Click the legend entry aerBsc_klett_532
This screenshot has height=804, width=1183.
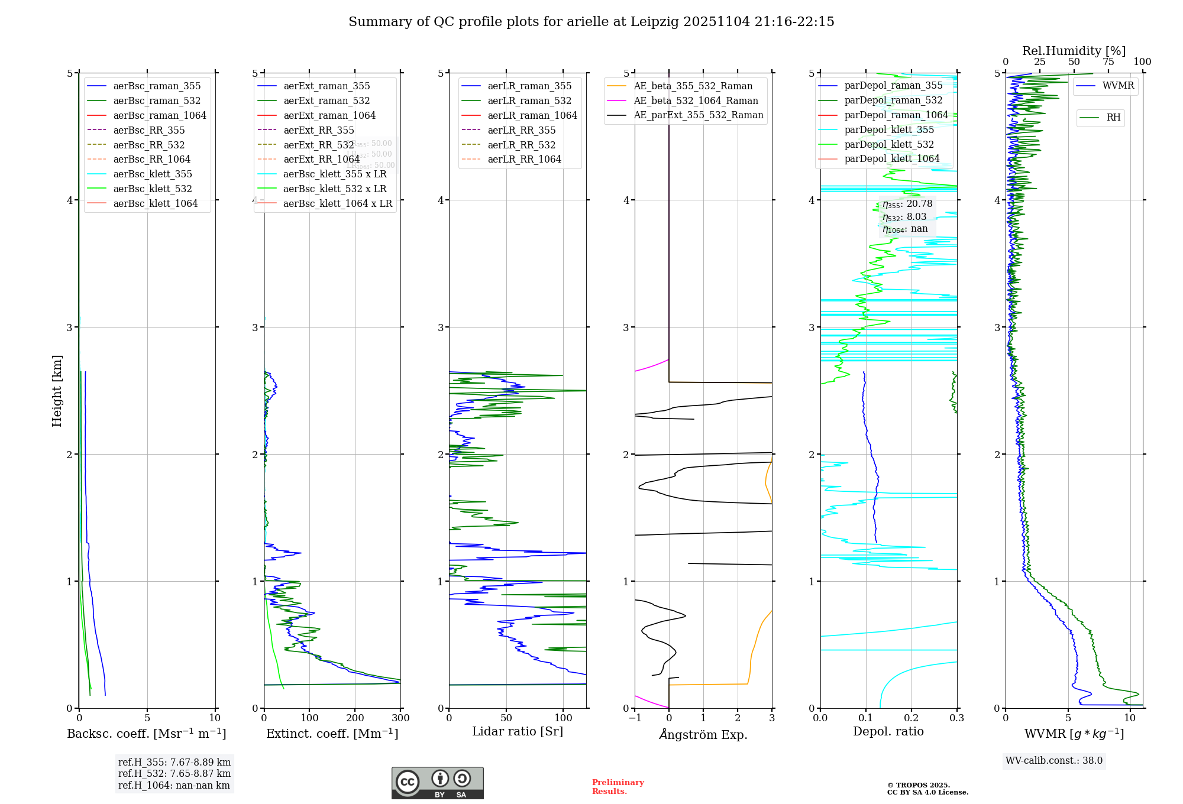(x=153, y=189)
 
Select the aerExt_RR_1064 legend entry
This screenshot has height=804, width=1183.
(x=321, y=159)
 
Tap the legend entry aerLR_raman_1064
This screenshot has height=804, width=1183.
(x=532, y=115)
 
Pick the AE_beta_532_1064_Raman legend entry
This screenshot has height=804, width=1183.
(x=696, y=100)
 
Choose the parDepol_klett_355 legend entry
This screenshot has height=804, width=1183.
(x=889, y=129)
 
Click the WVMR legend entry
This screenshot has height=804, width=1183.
(x=1118, y=86)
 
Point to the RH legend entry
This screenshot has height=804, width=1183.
(x=1113, y=118)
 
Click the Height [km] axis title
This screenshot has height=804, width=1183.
(x=57, y=391)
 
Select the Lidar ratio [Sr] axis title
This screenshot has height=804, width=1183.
(x=518, y=731)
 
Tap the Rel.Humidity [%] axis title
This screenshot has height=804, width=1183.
(x=1074, y=51)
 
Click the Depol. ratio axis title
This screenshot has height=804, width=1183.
(x=888, y=731)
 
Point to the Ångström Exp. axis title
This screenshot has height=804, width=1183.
(x=703, y=734)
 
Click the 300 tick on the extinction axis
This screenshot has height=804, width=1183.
(x=400, y=718)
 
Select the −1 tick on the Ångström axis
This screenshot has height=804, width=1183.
(x=635, y=718)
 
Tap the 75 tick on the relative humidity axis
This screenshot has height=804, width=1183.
(x=1108, y=62)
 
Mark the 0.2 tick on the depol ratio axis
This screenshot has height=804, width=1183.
(x=912, y=718)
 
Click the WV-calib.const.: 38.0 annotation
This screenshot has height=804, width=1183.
(x=1054, y=760)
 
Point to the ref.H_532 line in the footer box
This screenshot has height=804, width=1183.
(x=174, y=773)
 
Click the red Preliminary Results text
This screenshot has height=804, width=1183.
(x=618, y=787)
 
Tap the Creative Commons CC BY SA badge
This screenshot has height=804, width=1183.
(x=437, y=783)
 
